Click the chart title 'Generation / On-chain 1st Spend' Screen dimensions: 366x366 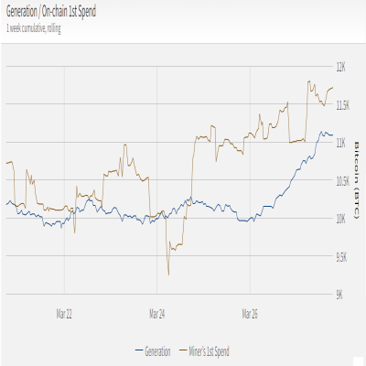(x=51, y=12)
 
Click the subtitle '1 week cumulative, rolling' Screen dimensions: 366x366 (x=34, y=28)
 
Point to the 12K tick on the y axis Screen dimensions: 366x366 (x=341, y=67)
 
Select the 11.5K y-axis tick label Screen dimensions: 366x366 (x=343, y=105)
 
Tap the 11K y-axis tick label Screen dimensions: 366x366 (x=341, y=143)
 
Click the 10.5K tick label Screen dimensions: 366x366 (x=343, y=181)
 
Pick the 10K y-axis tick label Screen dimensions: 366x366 (x=341, y=219)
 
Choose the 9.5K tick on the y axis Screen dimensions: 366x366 (x=341, y=257)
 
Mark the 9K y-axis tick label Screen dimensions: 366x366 (x=339, y=295)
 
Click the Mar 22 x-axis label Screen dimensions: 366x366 (x=64, y=314)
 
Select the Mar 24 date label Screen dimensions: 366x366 (x=157, y=314)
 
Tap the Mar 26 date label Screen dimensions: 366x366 (x=250, y=314)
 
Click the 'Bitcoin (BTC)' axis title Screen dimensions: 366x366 (x=357, y=180)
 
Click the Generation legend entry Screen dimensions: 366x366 (x=153, y=351)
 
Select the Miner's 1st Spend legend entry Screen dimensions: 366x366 (x=204, y=351)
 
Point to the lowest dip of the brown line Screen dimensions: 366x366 (x=168, y=274)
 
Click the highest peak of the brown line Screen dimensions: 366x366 (x=309, y=81)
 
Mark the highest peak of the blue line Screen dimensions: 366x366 (x=321, y=132)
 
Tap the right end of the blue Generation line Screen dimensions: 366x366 (x=333, y=135)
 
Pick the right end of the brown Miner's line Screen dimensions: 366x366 (x=333, y=88)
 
